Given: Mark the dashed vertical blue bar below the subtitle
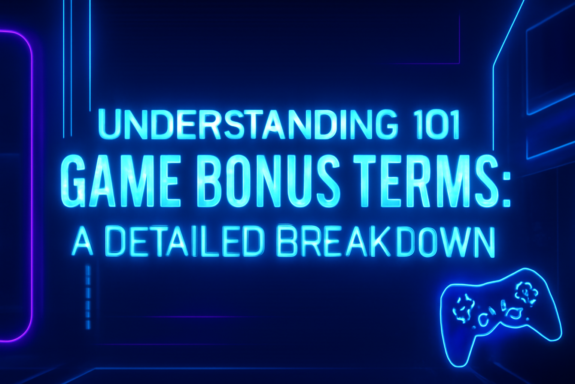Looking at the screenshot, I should pos(88,296).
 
